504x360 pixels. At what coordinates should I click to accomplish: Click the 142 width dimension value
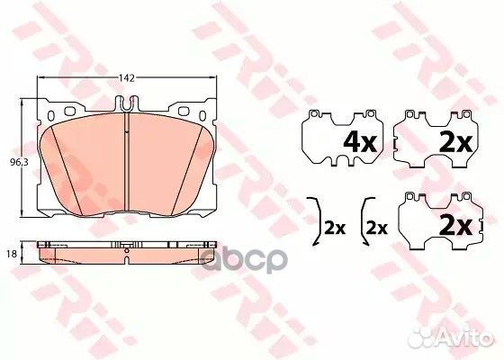point(128,78)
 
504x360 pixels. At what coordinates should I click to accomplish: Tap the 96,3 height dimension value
point(13,162)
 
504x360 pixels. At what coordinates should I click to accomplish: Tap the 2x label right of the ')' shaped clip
point(335,228)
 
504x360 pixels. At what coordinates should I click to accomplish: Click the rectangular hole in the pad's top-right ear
point(187,112)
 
